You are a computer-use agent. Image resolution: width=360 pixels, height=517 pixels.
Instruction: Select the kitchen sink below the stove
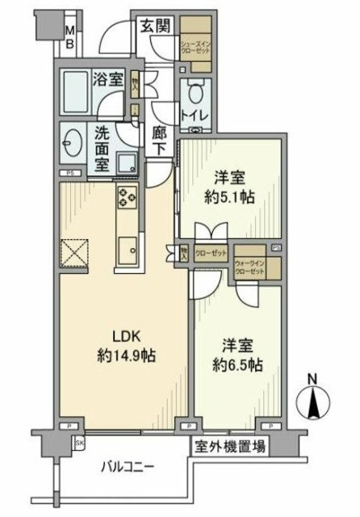point(128,251)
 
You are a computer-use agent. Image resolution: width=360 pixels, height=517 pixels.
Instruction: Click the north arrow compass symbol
point(315,399)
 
